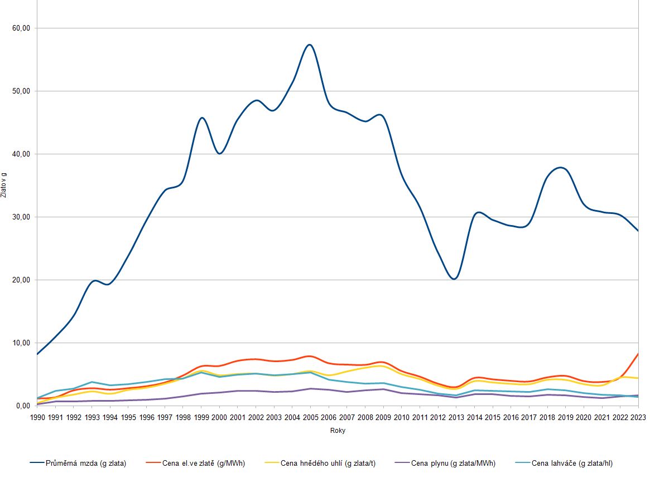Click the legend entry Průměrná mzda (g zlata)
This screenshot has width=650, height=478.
point(78,463)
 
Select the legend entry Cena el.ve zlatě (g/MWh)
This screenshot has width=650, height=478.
point(195,463)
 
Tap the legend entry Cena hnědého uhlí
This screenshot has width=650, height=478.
point(320,463)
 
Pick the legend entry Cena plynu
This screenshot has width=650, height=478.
point(445,463)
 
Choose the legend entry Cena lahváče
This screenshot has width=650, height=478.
point(564,463)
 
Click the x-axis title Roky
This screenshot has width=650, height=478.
point(338,431)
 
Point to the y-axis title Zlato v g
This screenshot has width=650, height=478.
point(4,184)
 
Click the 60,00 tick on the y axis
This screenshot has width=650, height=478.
point(21,28)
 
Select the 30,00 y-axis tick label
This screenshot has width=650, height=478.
point(21,217)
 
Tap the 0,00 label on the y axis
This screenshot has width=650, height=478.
point(23,406)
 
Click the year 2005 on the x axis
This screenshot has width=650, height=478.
point(310,417)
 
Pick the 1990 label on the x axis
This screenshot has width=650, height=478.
point(38,417)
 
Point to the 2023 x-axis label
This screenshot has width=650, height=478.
point(638,417)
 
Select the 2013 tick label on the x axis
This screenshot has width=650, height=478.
point(456,417)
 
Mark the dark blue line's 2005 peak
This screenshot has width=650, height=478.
point(310,45)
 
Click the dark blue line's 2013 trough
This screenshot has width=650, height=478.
point(454,279)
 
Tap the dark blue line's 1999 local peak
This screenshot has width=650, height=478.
point(202,118)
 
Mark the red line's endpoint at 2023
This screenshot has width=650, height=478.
point(638,354)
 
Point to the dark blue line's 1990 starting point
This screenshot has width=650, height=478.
point(38,354)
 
